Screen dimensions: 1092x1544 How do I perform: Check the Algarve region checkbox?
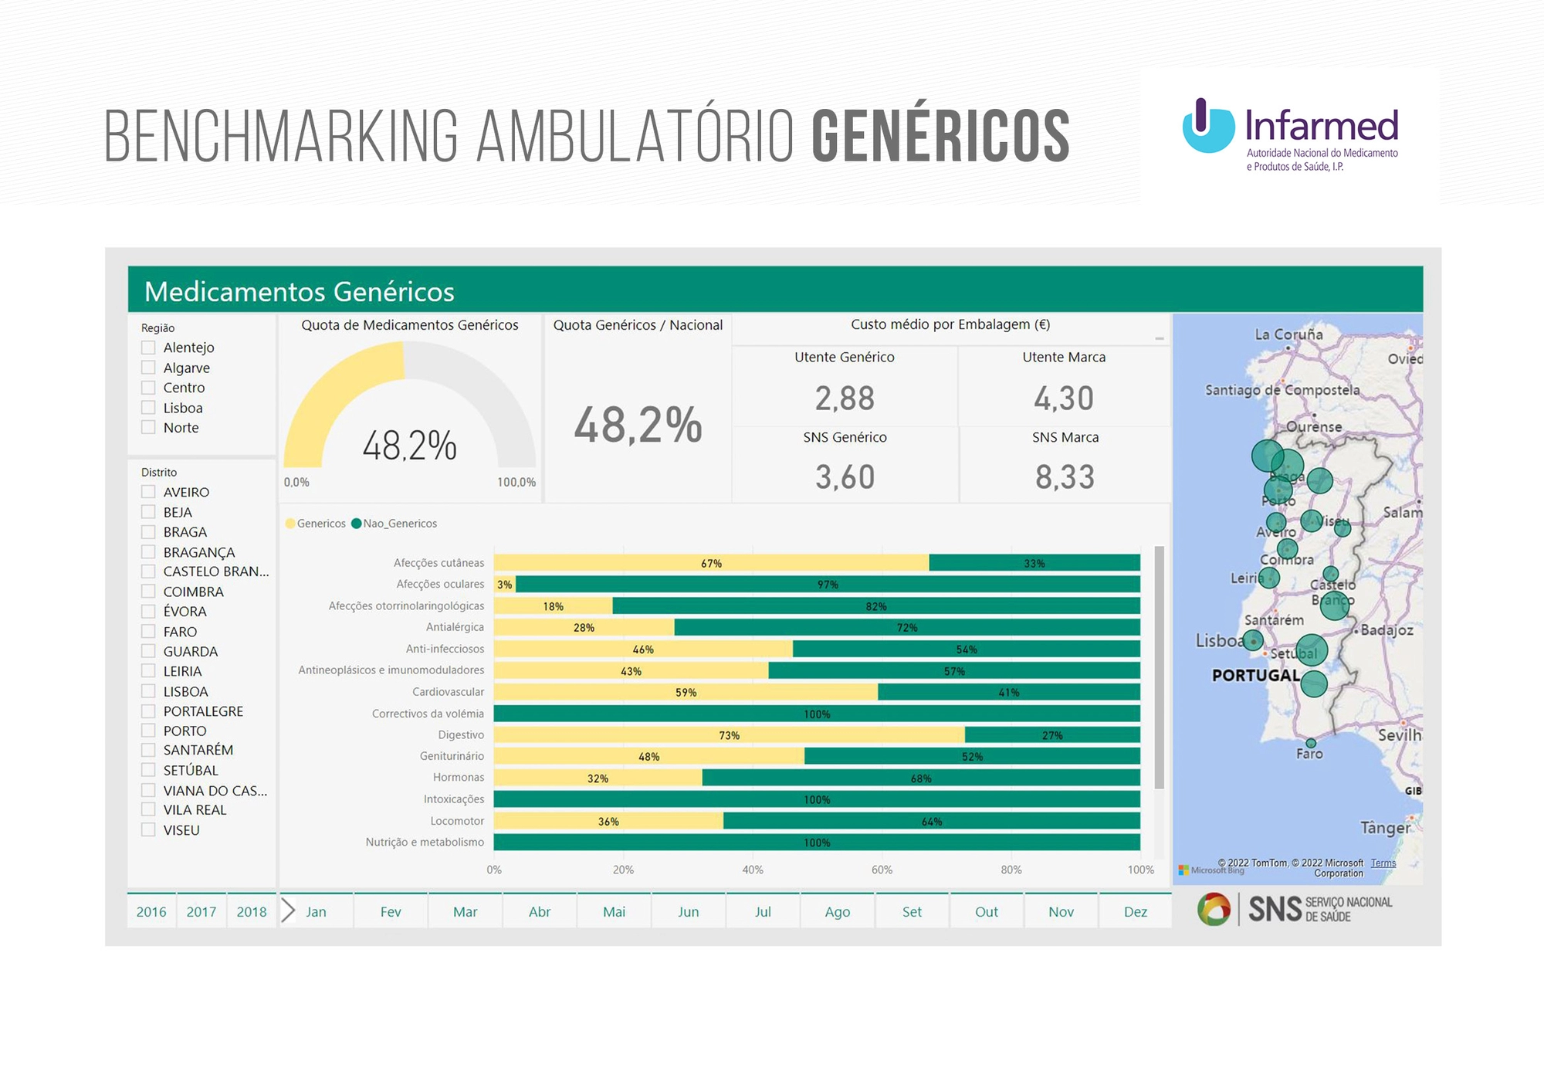pos(148,368)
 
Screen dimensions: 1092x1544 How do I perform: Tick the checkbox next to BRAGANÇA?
pos(148,552)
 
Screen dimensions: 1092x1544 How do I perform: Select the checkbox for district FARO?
pos(148,632)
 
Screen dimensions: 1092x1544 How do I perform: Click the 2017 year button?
pos(201,911)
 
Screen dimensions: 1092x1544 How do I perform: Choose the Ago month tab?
pos(837,911)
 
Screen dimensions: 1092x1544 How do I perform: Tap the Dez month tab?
pos(1135,911)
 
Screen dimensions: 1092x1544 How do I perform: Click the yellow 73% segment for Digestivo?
pos(729,735)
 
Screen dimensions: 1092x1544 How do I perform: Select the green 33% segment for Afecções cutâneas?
pos(1034,563)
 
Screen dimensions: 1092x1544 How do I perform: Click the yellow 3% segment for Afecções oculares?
pos(504,585)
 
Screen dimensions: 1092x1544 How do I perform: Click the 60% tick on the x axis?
pos(882,870)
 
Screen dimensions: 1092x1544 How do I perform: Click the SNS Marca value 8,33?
pos(1065,477)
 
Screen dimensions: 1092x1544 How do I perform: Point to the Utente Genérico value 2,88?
pos(845,398)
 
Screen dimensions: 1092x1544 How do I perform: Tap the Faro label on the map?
pos(1309,754)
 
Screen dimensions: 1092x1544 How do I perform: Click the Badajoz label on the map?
pos(1387,630)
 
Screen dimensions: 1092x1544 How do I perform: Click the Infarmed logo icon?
pos(1207,126)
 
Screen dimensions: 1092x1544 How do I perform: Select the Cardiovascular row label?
pos(448,692)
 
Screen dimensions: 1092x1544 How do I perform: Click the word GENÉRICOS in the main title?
pos(940,137)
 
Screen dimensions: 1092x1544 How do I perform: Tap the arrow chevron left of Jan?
pos(288,911)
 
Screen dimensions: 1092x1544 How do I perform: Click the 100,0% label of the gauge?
pos(516,483)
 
